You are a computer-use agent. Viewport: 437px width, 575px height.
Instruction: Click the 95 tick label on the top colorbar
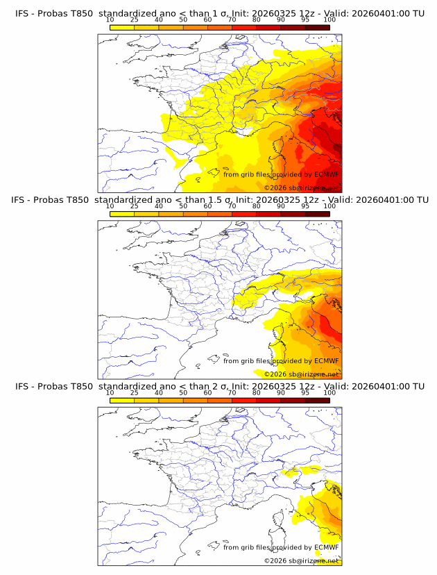click(x=305, y=19)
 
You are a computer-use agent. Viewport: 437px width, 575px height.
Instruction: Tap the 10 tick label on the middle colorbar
click(x=110, y=206)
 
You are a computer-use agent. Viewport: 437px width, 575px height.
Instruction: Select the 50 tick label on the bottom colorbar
click(x=183, y=392)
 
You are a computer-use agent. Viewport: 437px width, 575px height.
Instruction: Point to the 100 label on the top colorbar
click(x=329, y=19)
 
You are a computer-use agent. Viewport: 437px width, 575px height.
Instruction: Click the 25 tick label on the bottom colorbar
click(x=134, y=392)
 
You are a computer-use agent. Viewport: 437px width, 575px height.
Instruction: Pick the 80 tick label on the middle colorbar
click(x=256, y=206)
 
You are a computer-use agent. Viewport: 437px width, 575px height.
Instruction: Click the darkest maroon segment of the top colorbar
click(x=318, y=27)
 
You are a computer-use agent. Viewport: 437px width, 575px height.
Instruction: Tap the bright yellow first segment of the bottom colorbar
click(x=122, y=400)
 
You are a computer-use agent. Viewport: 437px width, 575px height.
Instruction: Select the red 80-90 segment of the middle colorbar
click(x=268, y=214)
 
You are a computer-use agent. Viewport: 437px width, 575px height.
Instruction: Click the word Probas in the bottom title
click(x=53, y=385)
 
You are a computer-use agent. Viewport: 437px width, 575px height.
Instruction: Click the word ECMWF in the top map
click(x=326, y=174)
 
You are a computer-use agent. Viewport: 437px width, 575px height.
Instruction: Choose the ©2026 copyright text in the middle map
click(x=275, y=374)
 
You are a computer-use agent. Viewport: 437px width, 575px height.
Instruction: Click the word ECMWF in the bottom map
click(x=326, y=547)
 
